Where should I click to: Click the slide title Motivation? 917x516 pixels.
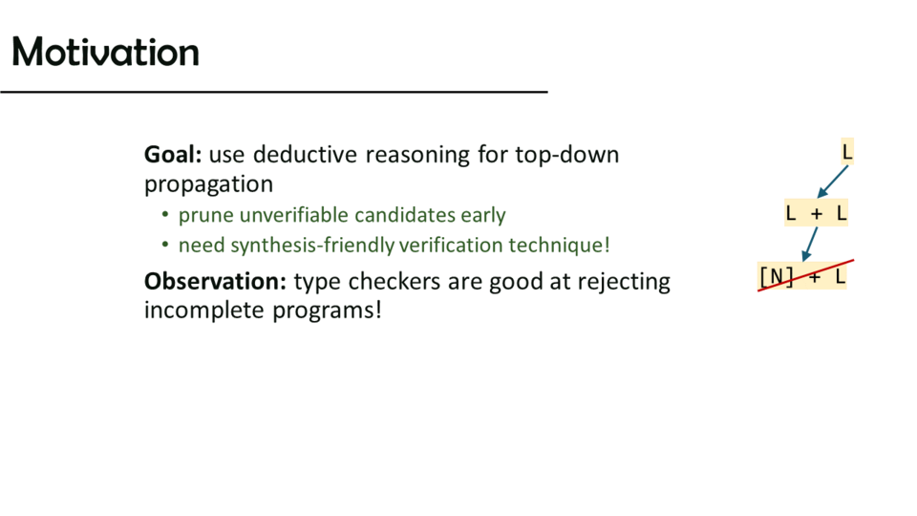coord(105,52)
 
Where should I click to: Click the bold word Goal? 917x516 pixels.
coord(173,155)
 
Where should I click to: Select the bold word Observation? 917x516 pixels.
coord(215,281)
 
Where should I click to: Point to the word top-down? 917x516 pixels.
coord(566,155)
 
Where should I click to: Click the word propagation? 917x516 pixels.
coord(209,184)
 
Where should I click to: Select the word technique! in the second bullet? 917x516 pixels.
coord(560,246)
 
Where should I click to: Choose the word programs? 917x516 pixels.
coord(328,311)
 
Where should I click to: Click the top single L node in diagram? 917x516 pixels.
coord(847,152)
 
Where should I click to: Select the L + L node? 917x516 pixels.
coord(816,213)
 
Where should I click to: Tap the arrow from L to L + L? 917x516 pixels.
coord(833,182)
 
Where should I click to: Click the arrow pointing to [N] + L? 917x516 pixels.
coord(810,244)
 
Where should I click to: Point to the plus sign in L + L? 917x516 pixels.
coord(817,214)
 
